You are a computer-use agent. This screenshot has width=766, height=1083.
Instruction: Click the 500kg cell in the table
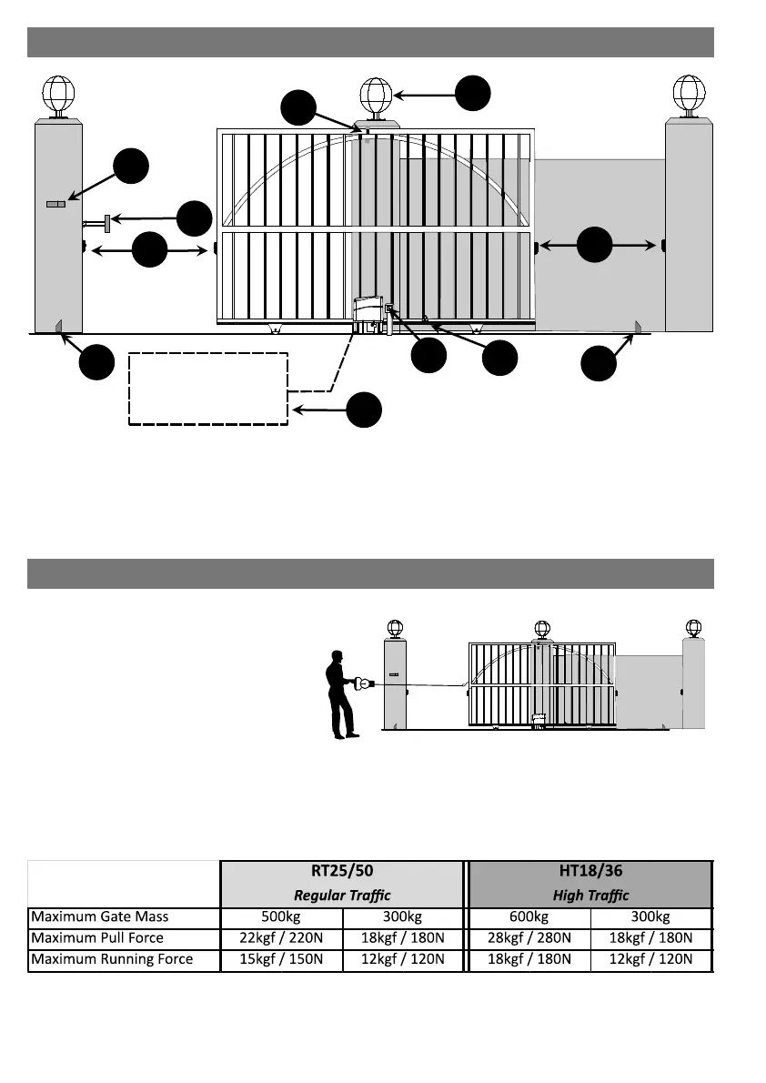coord(282,916)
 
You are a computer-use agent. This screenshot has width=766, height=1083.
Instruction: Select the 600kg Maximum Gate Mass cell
coord(529,916)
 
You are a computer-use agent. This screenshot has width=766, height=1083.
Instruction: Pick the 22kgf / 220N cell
coord(282,937)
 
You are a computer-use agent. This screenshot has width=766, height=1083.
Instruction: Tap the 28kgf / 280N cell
coord(529,937)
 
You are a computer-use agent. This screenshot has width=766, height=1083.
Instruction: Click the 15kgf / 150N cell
coord(282,959)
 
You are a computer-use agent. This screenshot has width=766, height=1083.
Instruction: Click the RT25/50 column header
coord(342,871)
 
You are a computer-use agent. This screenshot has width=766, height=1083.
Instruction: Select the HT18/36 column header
coord(590,871)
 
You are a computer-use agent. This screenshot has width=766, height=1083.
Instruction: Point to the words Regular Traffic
coord(342,896)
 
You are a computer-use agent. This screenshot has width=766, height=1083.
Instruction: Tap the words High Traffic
coord(590,896)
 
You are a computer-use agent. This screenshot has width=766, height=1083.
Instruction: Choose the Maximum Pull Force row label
coord(97,937)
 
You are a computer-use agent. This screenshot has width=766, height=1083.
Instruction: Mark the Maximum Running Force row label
coord(112,959)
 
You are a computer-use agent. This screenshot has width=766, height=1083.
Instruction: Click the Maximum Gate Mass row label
coord(99,916)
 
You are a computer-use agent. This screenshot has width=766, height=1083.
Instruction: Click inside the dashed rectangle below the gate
coord(208,388)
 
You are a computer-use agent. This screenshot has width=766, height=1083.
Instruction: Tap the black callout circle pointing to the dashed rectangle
coord(364,410)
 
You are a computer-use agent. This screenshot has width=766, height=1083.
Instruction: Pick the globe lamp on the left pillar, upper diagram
coord(58,93)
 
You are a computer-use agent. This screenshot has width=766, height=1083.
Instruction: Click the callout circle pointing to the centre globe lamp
coord(472,93)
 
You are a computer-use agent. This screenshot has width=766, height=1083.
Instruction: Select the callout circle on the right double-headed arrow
coord(596,245)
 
